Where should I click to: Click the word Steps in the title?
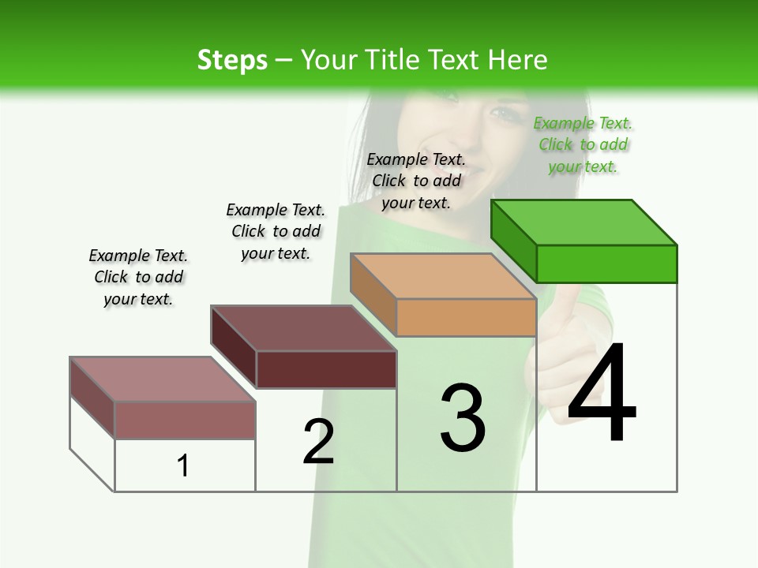232,60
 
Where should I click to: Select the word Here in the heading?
518,60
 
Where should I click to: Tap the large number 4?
602,394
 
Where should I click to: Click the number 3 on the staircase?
463,418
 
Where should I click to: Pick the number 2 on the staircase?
318,442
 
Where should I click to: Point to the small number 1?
183,465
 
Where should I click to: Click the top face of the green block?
584,222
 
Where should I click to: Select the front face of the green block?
606,263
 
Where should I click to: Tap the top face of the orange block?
444,276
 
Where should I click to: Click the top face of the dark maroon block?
303,328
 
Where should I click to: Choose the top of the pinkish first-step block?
163,379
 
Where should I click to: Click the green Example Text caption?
583,145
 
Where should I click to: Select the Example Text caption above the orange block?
416,181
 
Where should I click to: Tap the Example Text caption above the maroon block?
276,231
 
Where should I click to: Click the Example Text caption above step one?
138,277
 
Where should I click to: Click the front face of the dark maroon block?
326,369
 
